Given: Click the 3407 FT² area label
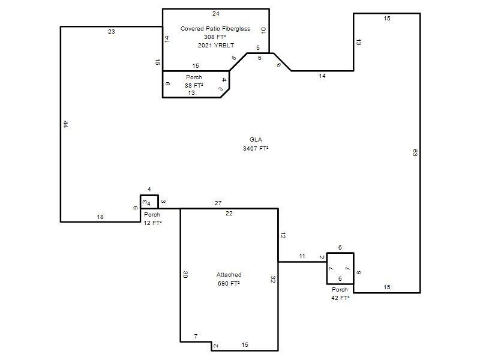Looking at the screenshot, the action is pos(256,148).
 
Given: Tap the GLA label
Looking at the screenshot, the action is pos(256,140).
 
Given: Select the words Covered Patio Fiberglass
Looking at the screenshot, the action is pos(215,28).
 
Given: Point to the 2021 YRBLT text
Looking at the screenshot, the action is pos(216,46).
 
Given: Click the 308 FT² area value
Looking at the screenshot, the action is pos(215,37).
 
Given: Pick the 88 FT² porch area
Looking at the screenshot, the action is pos(194,85).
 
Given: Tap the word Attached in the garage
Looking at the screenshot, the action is pos(229,275).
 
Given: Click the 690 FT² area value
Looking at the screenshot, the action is pos(229,283).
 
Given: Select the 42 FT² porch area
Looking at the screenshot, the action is pos(340,298).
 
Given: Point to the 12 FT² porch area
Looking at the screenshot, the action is pos(152,223).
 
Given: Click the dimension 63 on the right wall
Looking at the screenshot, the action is pos(415,153).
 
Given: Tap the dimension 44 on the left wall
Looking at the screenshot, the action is pos(65,124).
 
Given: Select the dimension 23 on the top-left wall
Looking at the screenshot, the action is pos(112,32).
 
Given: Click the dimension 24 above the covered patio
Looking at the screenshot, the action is pos(216,13).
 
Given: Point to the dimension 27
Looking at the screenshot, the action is pos(218,203).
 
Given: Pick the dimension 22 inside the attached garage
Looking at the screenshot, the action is pos(229,214).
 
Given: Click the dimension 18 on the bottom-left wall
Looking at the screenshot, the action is pos(100,217).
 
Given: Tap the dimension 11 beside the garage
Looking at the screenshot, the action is pos(302,256).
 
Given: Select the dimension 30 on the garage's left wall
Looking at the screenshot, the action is pos(185,275).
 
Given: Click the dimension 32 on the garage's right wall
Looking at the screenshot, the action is pos(273,279).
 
